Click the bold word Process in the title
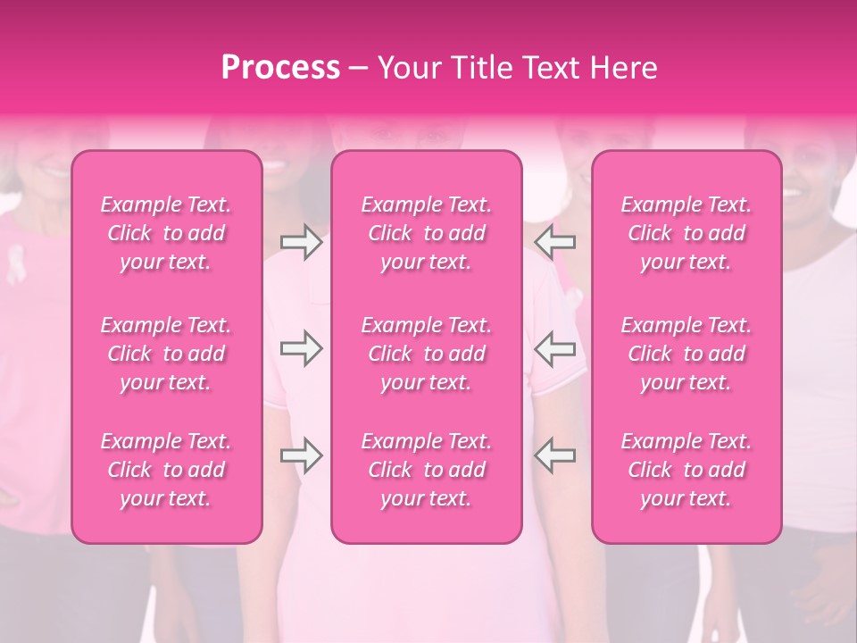(280, 68)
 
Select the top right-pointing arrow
(301, 242)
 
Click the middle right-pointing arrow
(301, 348)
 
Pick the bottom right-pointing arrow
(301, 455)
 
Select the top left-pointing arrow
(554, 242)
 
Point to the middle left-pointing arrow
(554, 348)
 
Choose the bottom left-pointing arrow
(554, 455)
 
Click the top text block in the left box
(166, 233)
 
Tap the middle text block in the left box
(166, 354)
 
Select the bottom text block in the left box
(166, 470)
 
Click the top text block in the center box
(426, 233)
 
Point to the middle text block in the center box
(426, 354)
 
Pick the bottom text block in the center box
(426, 470)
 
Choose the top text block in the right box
(686, 233)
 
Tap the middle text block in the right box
(686, 354)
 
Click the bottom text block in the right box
(686, 470)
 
